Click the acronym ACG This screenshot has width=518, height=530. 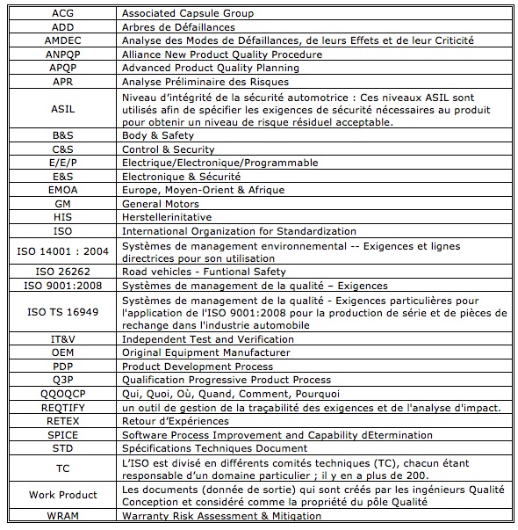(x=62, y=13)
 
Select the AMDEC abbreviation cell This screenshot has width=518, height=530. (x=62, y=40)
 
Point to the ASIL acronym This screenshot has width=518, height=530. (x=62, y=108)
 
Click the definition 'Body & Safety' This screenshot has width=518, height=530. (x=158, y=135)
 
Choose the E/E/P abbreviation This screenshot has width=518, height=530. (x=62, y=163)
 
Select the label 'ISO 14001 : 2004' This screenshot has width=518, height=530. (x=62, y=251)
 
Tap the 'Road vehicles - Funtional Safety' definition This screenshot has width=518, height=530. (x=210, y=272)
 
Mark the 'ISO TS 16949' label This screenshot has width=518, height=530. (x=62, y=312)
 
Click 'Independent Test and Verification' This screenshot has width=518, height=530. (x=207, y=339)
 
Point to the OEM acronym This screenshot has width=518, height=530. (x=62, y=352)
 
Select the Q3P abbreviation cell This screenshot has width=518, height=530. (x=62, y=380)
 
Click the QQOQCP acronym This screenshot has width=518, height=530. (x=62, y=393)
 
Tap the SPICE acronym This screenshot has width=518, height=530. (x=62, y=434)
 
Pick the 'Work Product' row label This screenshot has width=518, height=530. (x=62, y=495)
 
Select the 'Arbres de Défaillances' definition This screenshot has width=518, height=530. (x=178, y=27)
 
